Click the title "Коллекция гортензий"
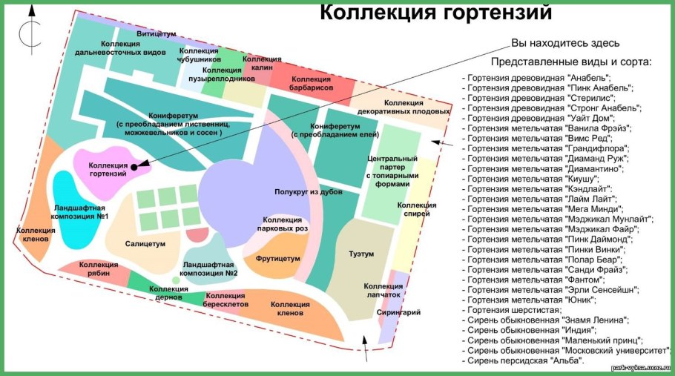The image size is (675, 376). pyautogui.click(x=436, y=13)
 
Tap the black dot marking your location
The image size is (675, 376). pyautogui.click(x=134, y=167)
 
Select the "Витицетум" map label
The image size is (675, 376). pyautogui.click(x=157, y=34)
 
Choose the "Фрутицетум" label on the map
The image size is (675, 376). pyautogui.click(x=278, y=259)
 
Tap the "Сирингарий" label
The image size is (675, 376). pyautogui.click(x=398, y=313)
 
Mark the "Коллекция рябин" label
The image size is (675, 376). pyautogui.click(x=99, y=269)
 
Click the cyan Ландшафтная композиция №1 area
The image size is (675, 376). pyautogui.click(x=75, y=222)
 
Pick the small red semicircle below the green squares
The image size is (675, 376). pyautogui.click(x=197, y=235)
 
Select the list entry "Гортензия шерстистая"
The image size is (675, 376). pyautogui.click(x=512, y=310)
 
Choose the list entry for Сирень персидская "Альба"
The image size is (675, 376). pyautogui.click(x=524, y=360)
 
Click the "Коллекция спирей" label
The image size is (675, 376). pyautogui.click(x=412, y=211)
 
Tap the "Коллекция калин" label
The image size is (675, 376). pyautogui.click(x=262, y=63)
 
